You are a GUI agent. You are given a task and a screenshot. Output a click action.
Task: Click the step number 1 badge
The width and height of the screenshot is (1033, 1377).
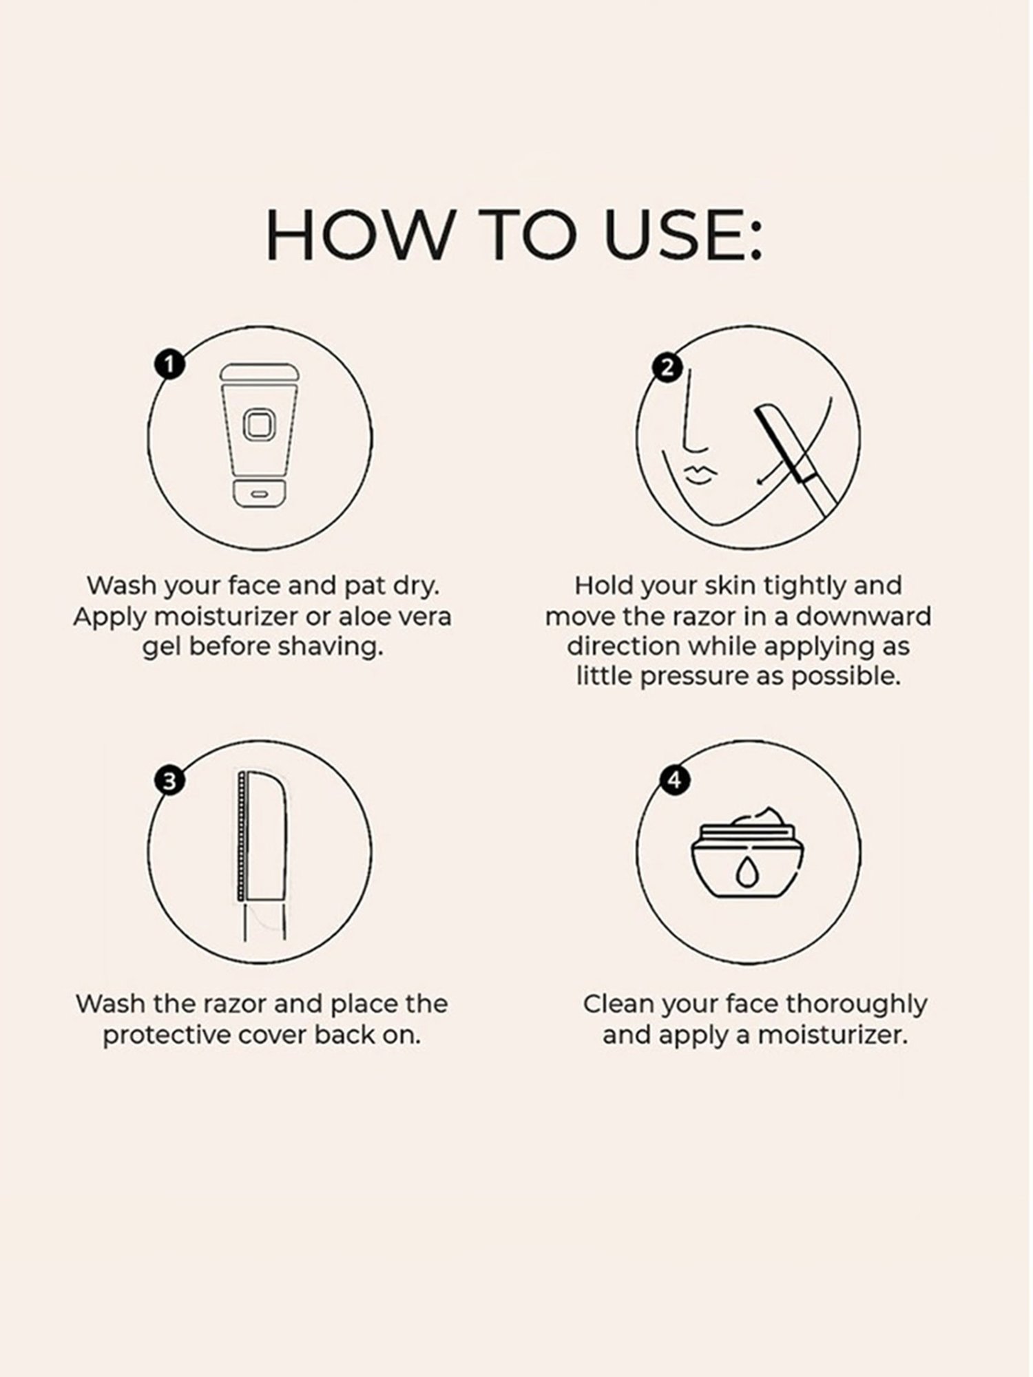tap(170, 364)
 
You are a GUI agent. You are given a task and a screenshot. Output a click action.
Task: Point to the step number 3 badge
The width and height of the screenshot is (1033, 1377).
tap(169, 781)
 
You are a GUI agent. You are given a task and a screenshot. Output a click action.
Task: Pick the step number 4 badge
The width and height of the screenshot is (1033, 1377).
tap(674, 780)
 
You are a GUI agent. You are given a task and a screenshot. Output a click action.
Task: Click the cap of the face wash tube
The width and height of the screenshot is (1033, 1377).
tap(258, 494)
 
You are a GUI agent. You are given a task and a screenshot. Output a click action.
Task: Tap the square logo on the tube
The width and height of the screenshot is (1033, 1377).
tap(258, 425)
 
